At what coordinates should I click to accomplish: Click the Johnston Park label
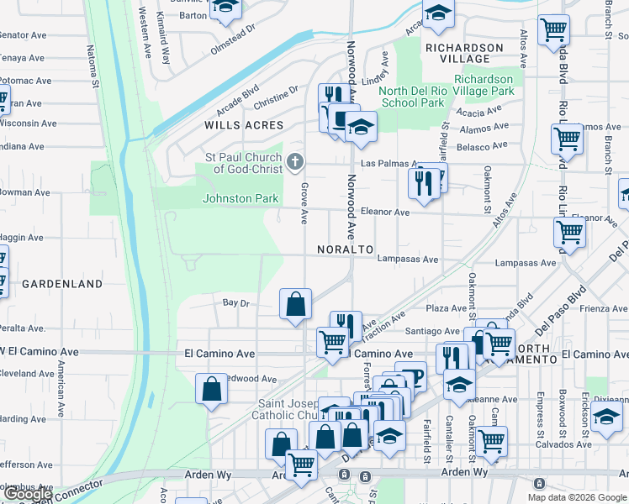click(x=240, y=198)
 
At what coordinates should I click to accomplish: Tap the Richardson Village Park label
click(x=496, y=85)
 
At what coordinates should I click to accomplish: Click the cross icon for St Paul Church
click(x=294, y=161)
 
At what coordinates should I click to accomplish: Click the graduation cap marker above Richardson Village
click(x=437, y=14)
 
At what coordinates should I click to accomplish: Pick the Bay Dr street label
click(x=235, y=302)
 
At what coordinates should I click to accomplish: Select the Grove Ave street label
click(x=304, y=204)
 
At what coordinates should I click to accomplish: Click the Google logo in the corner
click(x=29, y=494)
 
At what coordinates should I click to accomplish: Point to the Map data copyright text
click(x=577, y=497)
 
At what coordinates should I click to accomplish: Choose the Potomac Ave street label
click(x=26, y=81)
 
